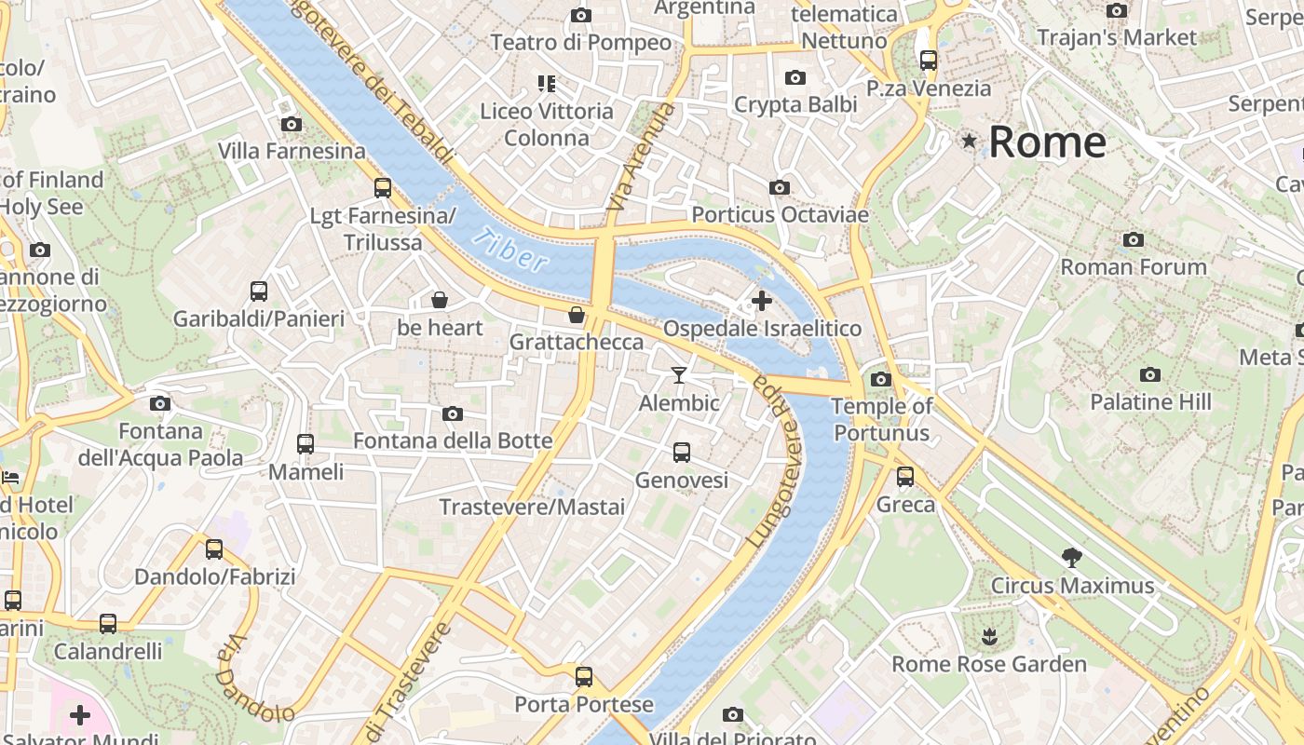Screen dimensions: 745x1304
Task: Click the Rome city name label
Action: (x=1047, y=142)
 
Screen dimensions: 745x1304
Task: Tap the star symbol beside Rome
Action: (x=970, y=142)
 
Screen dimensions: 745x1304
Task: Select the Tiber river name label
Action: (x=509, y=251)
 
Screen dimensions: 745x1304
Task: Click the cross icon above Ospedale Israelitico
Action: (x=762, y=301)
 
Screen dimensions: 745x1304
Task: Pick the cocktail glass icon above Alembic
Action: (x=679, y=375)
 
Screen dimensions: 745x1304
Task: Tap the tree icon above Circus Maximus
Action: (x=1072, y=558)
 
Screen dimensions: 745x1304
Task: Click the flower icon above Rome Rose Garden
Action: (x=988, y=636)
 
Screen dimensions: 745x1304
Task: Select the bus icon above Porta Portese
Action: (x=584, y=677)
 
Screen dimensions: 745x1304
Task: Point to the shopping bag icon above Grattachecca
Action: (x=577, y=315)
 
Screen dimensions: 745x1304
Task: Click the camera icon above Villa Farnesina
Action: (x=291, y=124)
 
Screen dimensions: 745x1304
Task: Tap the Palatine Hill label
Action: (x=1150, y=402)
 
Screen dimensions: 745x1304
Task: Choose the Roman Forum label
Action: (x=1134, y=267)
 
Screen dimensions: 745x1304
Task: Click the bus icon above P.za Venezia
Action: (x=929, y=61)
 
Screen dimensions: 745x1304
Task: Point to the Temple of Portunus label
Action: (x=881, y=419)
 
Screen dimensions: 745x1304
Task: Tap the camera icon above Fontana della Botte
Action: (x=453, y=413)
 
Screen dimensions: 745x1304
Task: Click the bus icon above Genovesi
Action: (x=682, y=453)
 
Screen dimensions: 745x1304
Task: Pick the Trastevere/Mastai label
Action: (x=532, y=508)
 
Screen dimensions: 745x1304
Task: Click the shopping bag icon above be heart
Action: (x=440, y=300)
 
